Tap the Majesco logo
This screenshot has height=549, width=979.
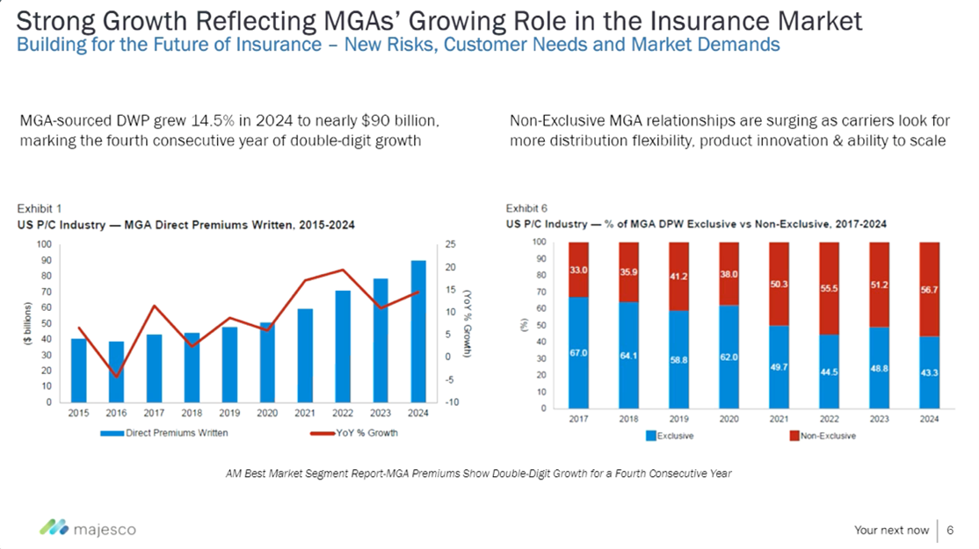(87, 529)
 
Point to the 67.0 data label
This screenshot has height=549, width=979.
(577, 352)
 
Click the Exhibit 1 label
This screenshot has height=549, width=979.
(40, 208)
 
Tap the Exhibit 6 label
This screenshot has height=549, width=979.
(527, 208)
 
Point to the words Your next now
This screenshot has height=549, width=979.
(891, 530)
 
